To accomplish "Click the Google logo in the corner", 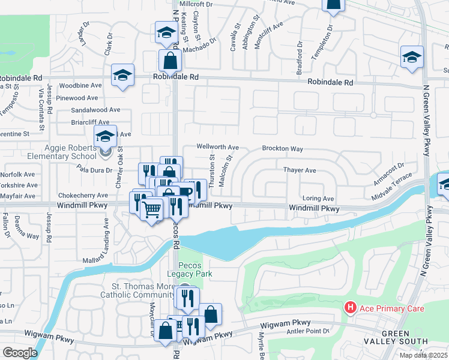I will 20,353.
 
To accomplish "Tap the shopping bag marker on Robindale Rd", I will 170,61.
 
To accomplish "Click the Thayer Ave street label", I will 300,170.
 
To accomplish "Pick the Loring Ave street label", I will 318,199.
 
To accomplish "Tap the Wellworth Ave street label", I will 218,147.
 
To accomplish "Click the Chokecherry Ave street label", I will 83,196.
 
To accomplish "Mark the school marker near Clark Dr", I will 122,75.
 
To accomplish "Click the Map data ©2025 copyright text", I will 424,355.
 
